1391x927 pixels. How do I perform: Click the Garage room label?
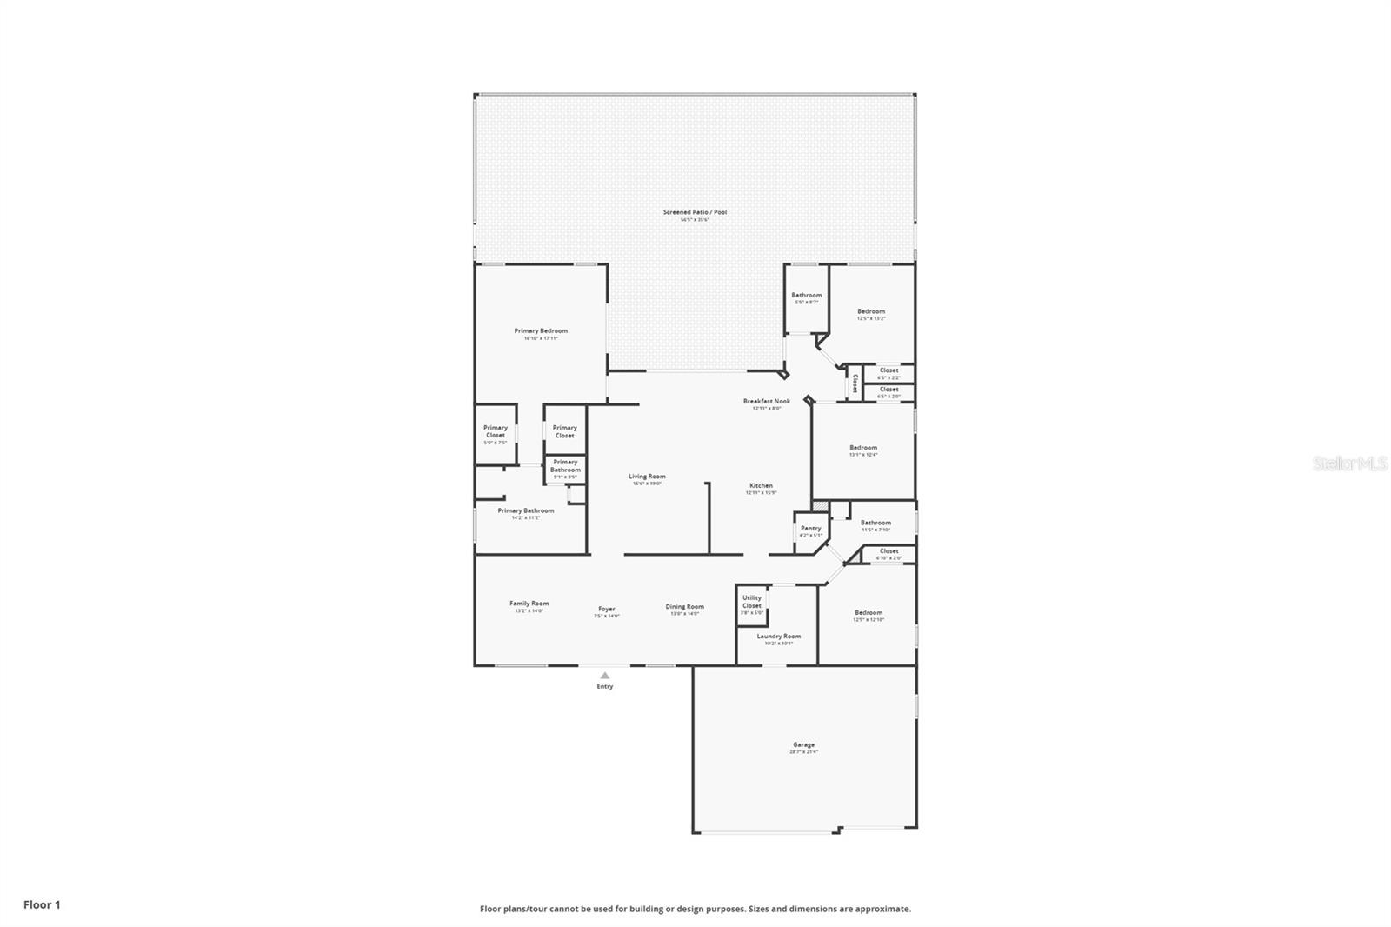point(803,745)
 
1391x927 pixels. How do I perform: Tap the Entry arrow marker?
point(605,676)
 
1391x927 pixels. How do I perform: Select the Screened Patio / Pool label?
point(695,213)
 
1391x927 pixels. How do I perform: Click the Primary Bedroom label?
point(541,331)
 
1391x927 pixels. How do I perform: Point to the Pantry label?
point(810,529)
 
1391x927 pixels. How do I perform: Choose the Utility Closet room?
point(752,603)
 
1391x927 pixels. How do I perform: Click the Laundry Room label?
point(778,637)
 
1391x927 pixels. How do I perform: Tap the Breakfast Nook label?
point(766,402)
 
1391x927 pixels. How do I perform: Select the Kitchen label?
point(761,486)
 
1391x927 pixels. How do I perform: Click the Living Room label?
point(647,477)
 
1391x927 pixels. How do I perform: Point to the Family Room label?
point(529,604)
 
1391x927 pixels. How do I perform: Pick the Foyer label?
point(606,610)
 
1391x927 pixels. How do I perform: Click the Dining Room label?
point(684,607)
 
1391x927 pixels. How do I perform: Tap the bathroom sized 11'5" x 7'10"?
point(875,524)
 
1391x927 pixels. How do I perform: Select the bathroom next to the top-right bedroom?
point(806,296)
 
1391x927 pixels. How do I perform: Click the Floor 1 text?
point(42,904)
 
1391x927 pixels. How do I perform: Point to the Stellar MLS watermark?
point(1349,464)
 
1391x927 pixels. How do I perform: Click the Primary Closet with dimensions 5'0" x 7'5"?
point(496,432)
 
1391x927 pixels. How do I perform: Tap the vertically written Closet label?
point(855,383)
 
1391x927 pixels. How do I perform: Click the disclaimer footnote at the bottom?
point(695,909)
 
